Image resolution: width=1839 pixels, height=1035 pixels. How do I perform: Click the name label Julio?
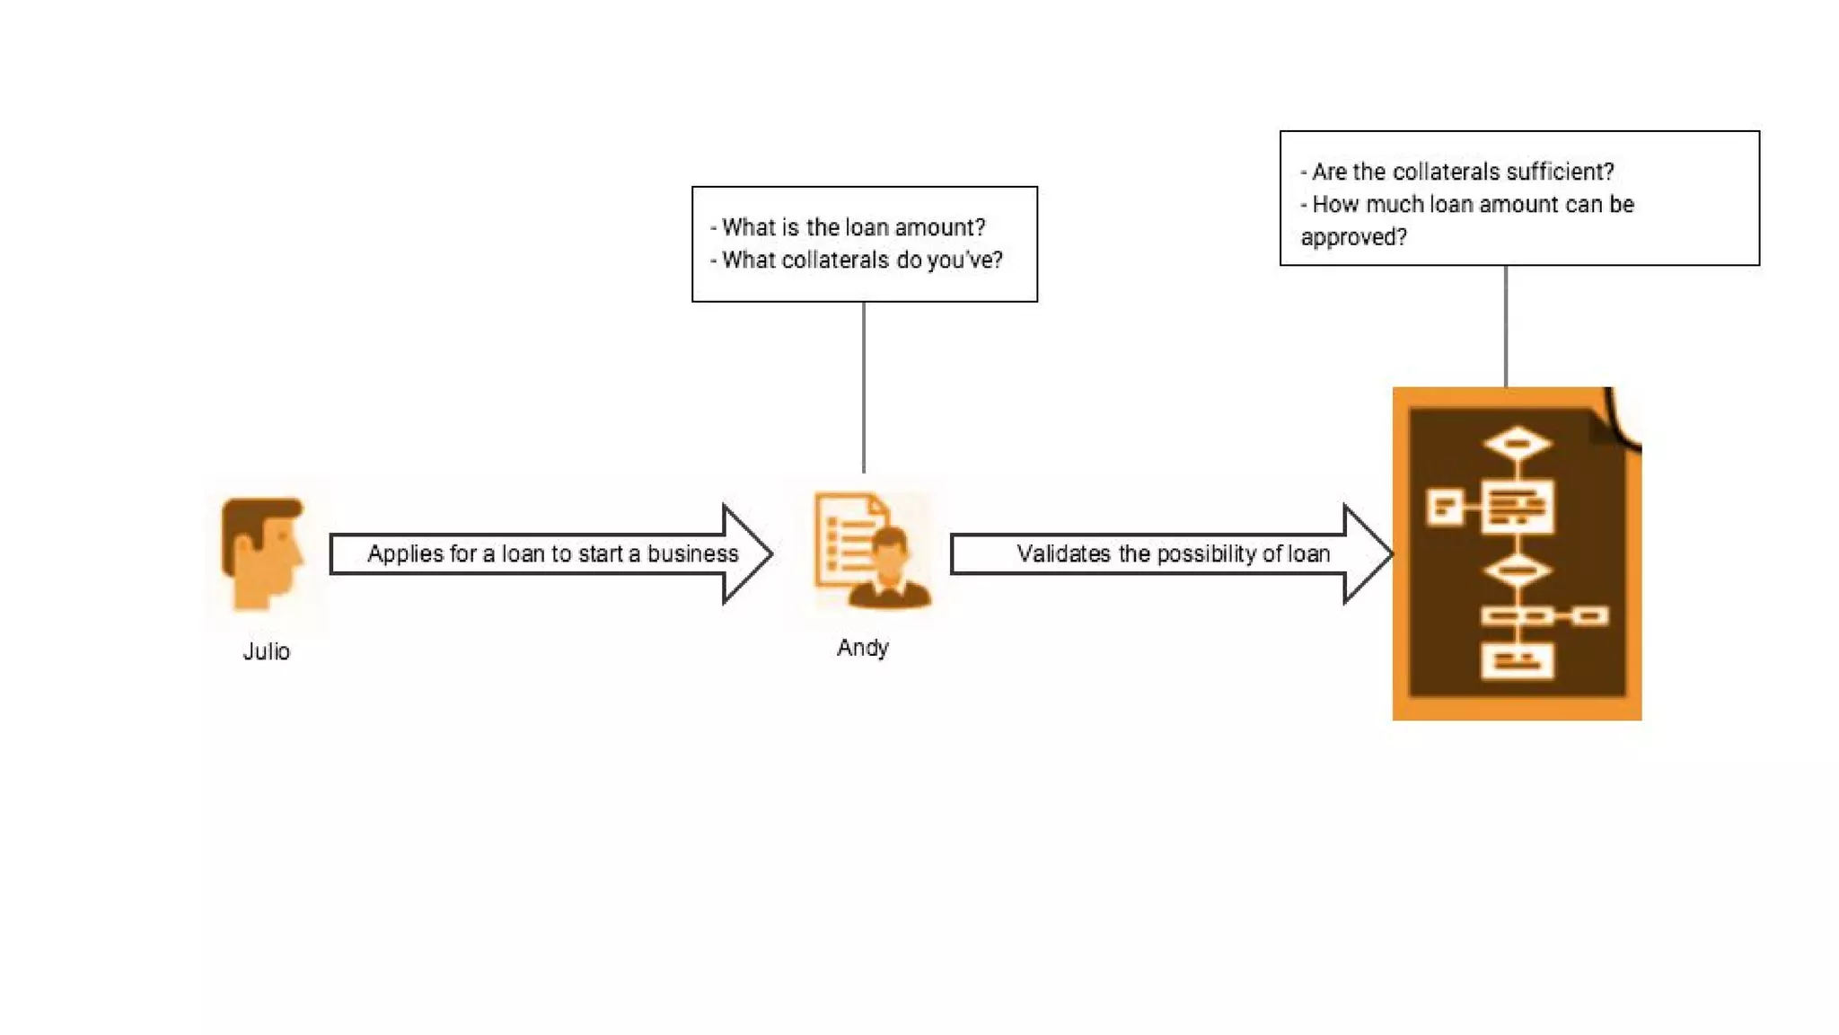point(267,651)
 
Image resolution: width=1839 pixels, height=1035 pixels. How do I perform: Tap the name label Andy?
point(863,648)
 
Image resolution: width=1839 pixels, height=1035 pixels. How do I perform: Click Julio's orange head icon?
point(262,553)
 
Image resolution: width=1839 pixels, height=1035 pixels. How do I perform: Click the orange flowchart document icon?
point(1517,553)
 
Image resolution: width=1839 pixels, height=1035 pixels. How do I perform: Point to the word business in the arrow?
point(692,553)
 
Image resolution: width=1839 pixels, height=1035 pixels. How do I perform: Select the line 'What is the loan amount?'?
point(853,227)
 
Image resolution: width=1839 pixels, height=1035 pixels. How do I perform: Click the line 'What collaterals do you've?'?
point(862,261)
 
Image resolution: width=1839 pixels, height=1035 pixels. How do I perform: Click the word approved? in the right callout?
point(1353,237)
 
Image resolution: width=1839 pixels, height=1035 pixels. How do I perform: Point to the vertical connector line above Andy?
point(864,386)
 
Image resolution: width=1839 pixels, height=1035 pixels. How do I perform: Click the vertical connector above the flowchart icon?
point(1506,325)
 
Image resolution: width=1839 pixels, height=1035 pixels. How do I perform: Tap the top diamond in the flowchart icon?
point(1517,443)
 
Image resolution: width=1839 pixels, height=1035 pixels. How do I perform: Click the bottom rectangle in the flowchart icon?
point(1517,662)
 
